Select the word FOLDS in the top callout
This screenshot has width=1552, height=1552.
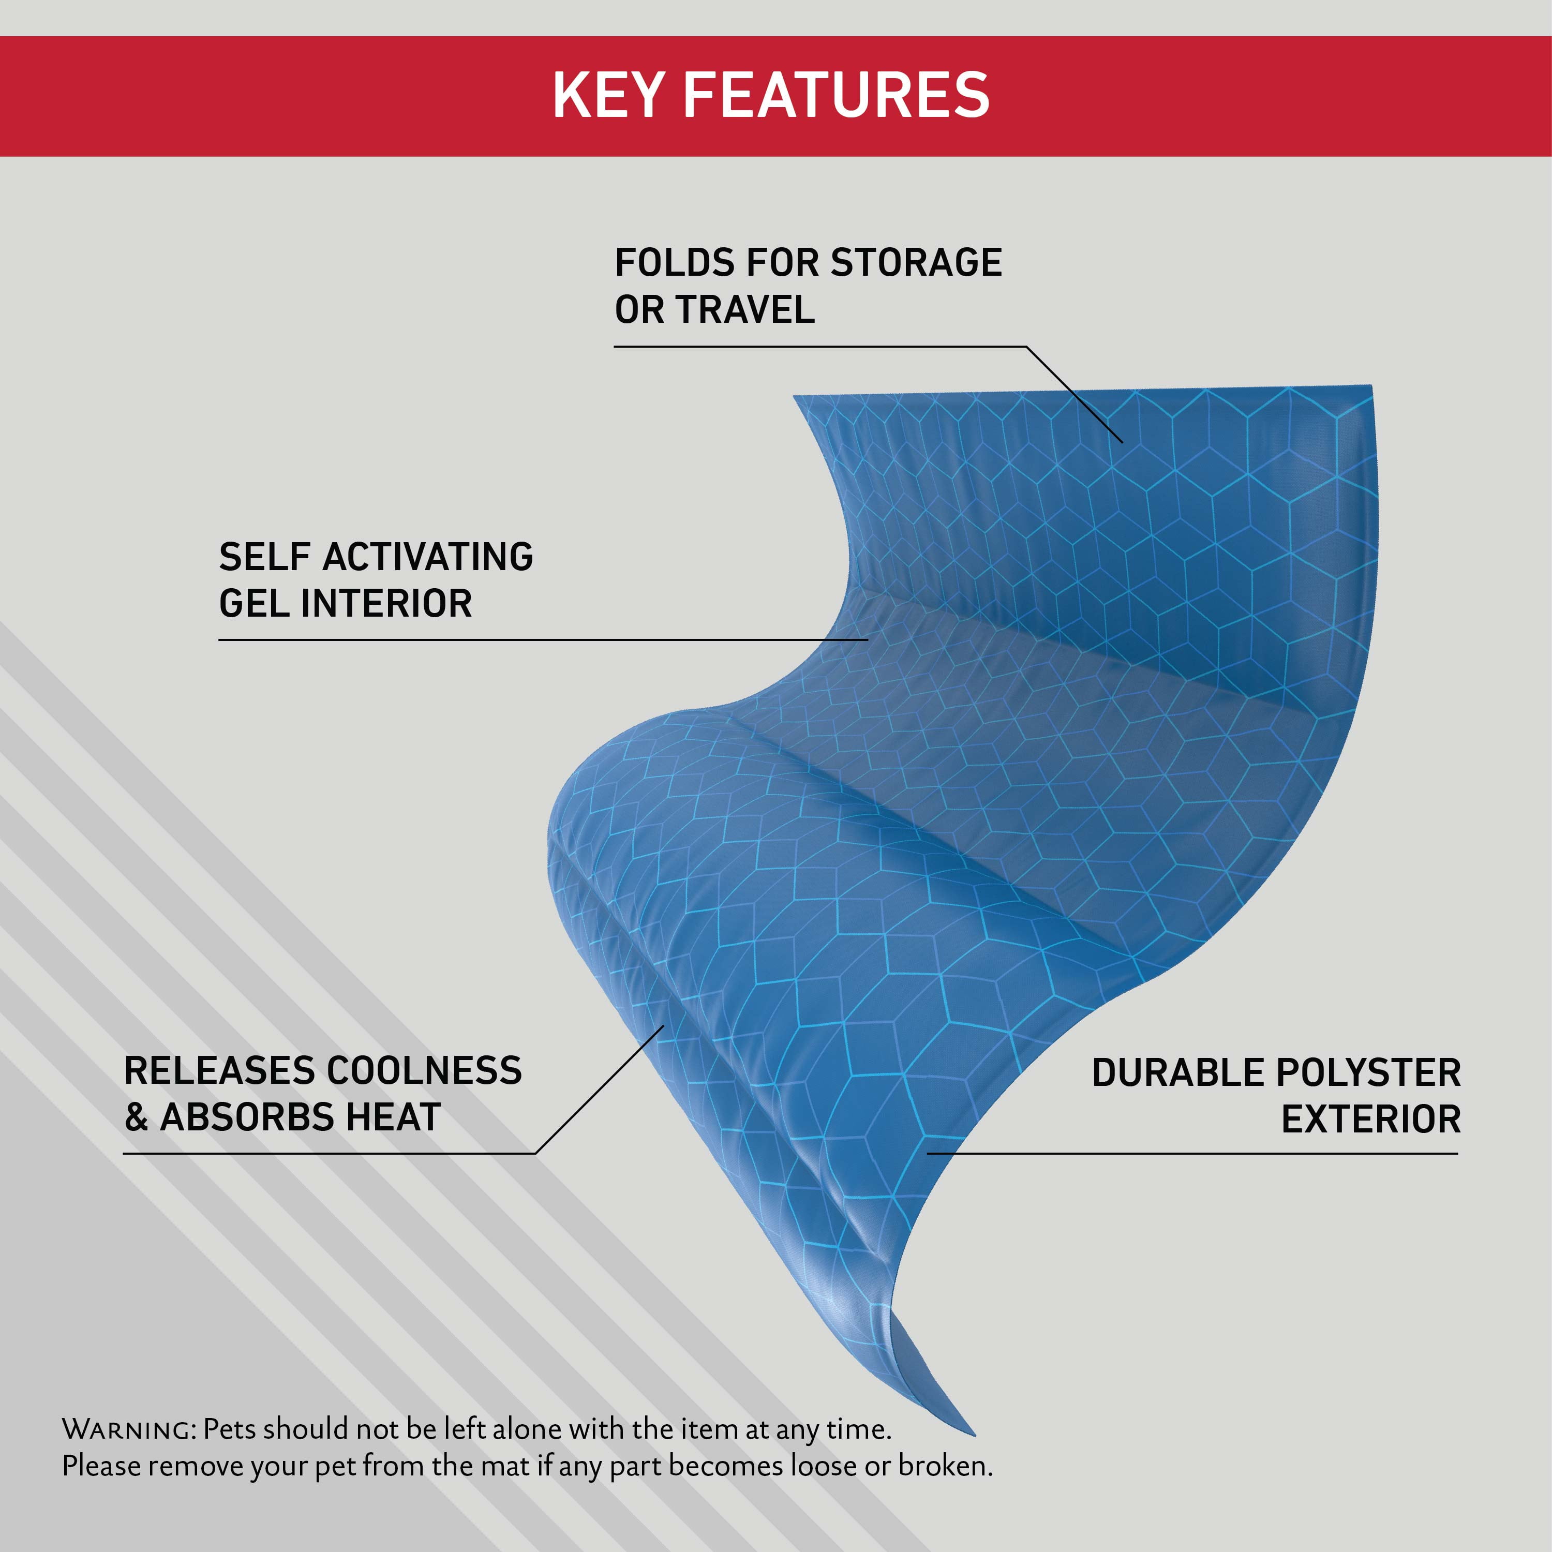[x=674, y=263]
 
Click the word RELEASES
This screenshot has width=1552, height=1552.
[x=218, y=1071]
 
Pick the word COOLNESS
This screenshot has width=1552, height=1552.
[x=424, y=1071]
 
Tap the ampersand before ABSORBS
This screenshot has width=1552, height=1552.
[x=137, y=1117]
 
